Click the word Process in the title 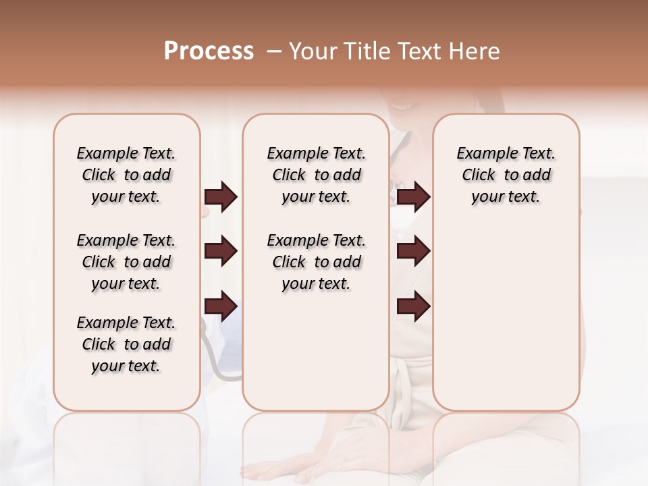click(209, 51)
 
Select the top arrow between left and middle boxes click(221, 196)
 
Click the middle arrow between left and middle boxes click(221, 252)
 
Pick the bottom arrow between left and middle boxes click(221, 306)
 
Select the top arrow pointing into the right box click(413, 196)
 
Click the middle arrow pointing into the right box click(413, 252)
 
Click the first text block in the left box click(126, 175)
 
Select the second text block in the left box click(126, 262)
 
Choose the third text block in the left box click(126, 344)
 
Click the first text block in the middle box click(316, 175)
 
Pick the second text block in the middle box click(316, 262)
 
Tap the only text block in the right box click(506, 175)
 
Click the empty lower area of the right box click(506, 317)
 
